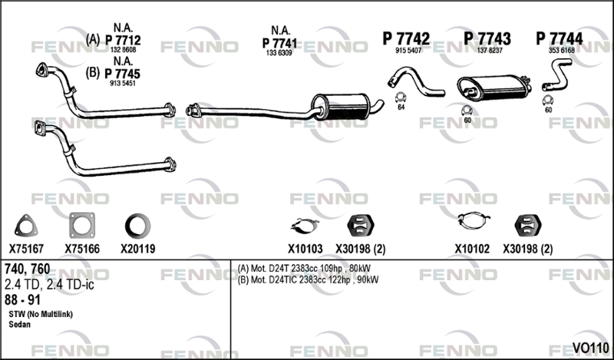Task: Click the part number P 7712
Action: tap(123, 40)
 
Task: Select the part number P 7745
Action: tap(123, 74)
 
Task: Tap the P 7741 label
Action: tap(279, 43)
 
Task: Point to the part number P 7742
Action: tap(406, 38)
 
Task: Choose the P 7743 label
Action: tap(487, 38)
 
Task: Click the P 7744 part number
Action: tap(560, 38)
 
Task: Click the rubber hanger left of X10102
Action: tap(361, 225)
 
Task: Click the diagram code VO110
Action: tap(590, 348)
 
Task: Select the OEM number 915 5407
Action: tap(408, 51)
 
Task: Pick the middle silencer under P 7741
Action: tap(341, 107)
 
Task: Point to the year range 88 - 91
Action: tap(22, 300)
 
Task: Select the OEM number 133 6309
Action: tap(279, 53)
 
